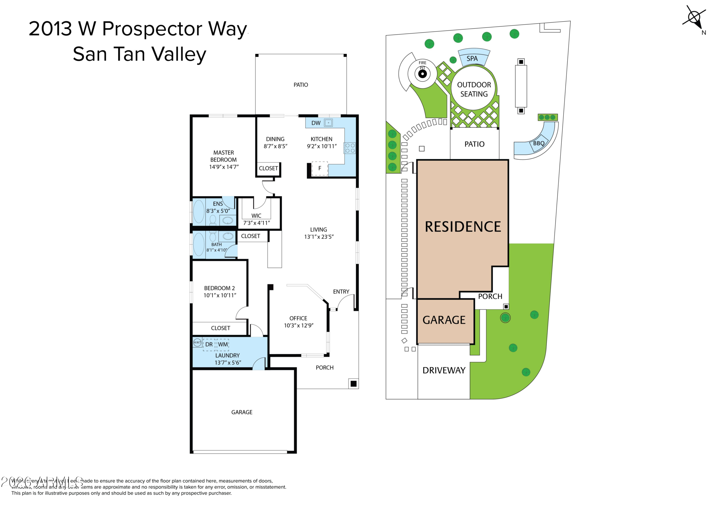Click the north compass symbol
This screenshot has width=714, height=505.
[695, 18]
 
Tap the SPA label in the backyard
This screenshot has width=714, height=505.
[472, 59]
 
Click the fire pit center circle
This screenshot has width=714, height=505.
[422, 74]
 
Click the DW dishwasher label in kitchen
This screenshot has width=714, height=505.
[316, 123]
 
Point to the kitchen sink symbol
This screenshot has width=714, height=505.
[328, 123]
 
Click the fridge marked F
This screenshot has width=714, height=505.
[320, 168]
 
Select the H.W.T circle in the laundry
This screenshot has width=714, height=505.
[197, 342]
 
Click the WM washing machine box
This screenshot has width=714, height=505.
[223, 344]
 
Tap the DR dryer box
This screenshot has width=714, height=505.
[209, 344]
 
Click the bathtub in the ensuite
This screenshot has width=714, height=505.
[199, 212]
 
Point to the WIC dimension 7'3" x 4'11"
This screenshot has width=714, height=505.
[257, 223]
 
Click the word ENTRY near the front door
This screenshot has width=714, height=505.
[341, 292]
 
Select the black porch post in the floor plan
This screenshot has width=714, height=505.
[353, 384]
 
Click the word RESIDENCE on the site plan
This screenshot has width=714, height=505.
[463, 227]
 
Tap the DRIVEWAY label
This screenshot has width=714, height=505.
[444, 370]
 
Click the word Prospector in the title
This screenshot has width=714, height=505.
[152, 29]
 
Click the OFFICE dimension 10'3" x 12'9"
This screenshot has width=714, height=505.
[299, 325]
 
